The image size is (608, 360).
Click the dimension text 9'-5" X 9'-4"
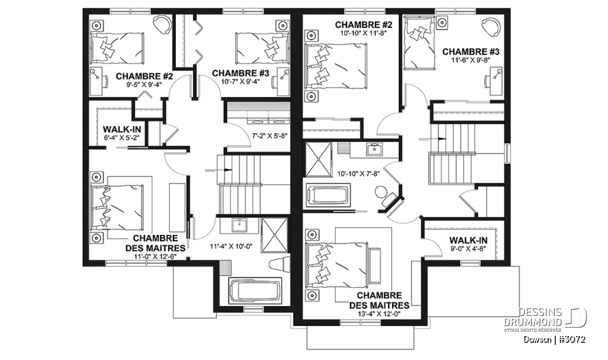click(x=144, y=85)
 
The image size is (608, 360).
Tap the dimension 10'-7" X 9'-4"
click(x=241, y=82)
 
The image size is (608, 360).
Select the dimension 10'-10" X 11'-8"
click(x=363, y=33)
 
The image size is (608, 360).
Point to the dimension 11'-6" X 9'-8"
click(x=471, y=60)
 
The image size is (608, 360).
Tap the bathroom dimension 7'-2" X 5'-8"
click(x=270, y=136)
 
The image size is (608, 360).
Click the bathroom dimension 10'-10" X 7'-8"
click(x=358, y=174)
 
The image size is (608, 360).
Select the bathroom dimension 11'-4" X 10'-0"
click(x=231, y=247)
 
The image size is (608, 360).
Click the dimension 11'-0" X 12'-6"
click(x=155, y=256)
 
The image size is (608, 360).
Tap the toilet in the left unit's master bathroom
click(x=279, y=264)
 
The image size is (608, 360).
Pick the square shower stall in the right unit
click(x=319, y=159)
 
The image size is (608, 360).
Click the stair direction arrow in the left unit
click(x=218, y=170)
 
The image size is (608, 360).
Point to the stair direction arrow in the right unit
click(x=432, y=139)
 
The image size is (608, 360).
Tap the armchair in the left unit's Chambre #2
click(x=162, y=24)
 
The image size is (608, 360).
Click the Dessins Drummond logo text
click(x=533, y=317)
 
